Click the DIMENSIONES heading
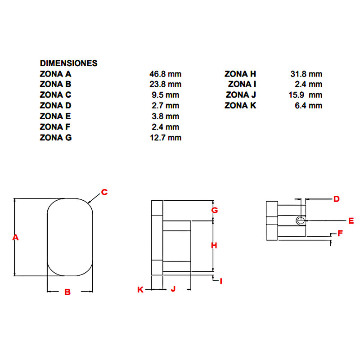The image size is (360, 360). click(69, 63)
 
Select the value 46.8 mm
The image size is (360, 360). click(165, 74)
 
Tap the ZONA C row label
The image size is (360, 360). click(55, 94)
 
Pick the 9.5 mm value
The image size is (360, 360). click(165, 95)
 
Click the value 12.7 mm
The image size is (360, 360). click(166, 138)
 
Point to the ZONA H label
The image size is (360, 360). click(240, 74)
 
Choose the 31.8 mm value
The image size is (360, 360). click(306, 74)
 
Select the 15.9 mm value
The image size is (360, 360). click(306, 95)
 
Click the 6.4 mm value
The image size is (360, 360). click(309, 105)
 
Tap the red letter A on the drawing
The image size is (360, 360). click(15, 237)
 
